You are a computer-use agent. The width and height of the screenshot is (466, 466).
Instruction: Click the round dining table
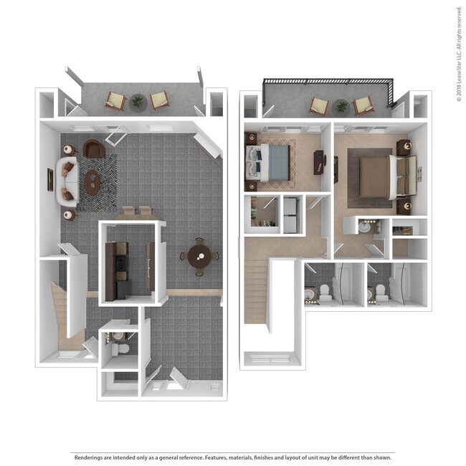(x=199, y=257)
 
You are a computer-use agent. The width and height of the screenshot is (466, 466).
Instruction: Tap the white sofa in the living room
(x=67, y=182)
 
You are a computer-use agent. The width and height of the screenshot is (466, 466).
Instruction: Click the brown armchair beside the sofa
(x=94, y=148)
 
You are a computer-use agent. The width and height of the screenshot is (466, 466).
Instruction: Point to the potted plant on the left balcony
(x=138, y=103)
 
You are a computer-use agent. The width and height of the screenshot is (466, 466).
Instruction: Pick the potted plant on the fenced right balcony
(x=341, y=107)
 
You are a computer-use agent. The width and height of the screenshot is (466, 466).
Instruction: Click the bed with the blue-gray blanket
(x=267, y=163)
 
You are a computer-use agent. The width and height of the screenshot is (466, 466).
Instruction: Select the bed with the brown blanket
(x=387, y=177)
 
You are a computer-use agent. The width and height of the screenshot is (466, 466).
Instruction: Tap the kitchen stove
(x=122, y=263)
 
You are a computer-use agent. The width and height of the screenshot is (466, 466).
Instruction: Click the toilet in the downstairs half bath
(x=120, y=349)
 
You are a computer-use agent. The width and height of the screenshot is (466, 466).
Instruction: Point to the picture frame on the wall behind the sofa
(x=50, y=179)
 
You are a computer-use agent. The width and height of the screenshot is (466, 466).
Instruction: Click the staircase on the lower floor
(x=61, y=315)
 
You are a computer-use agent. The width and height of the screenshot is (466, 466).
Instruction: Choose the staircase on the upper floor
(x=256, y=291)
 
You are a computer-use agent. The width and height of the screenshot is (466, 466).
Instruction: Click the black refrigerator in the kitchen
(x=123, y=290)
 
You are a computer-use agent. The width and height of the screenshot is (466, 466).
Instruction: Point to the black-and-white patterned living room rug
(x=97, y=183)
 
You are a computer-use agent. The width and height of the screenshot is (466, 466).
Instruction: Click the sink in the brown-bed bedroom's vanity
(x=364, y=227)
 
